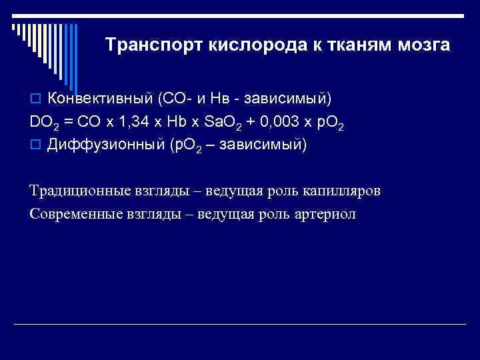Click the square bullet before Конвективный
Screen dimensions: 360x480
tap(35, 100)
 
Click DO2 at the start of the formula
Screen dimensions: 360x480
tap(43, 123)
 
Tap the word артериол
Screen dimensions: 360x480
tap(325, 214)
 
